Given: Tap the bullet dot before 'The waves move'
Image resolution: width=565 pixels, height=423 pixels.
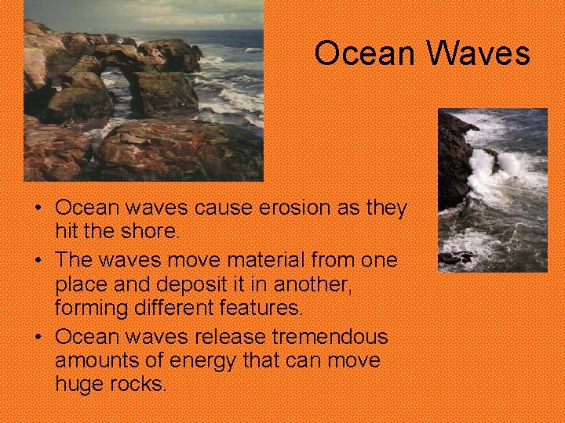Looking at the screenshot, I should (x=37, y=260).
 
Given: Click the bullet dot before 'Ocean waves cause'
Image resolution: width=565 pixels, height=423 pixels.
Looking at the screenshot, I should (x=37, y=209).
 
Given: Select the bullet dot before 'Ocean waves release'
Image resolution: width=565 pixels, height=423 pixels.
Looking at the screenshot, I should (x=37, y=338).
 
